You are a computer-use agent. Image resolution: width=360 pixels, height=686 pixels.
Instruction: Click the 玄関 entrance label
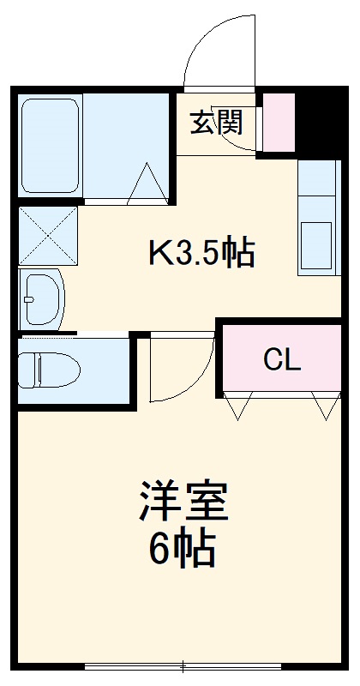pos(217,123)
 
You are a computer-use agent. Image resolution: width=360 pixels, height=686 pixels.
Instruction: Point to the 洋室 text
pos(183,502)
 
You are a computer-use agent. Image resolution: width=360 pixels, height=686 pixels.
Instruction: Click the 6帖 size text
pos(182,549)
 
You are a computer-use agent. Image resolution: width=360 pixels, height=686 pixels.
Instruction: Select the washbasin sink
pos(40,298)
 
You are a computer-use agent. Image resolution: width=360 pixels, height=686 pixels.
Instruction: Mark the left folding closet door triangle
pos(240,406)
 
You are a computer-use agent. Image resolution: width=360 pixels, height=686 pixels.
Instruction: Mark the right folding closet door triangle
pos(326,406)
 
